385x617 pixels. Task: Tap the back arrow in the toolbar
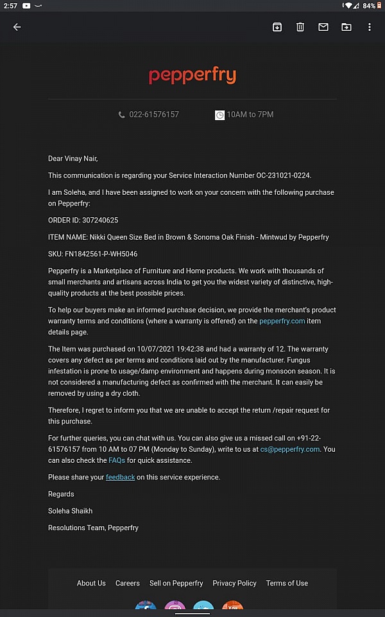pyautogui.click(x=17, y=27)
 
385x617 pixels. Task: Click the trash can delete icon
pyautogui.click(x=300, y=27)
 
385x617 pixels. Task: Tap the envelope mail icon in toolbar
pyautogui.click(x=323, y=27)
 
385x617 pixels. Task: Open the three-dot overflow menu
pyautogui.click(x=370, y=27)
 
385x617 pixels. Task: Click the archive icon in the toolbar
pyautogui.click(x=277, y=27)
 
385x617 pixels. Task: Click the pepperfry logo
pyautogui.click(x=193, y=76)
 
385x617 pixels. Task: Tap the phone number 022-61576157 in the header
pyautogui.click(x=154, y=114)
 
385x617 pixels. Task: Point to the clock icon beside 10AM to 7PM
pyautogui.click(x=219, y=115)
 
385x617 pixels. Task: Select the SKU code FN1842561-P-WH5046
pyautogui.click(x=101, y=254)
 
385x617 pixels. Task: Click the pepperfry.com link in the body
pyautogui.click(x=282, y=321)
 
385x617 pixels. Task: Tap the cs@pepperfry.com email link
pyautogui.click(x=289, y=449)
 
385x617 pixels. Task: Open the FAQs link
pyautogui.click(x=117, y=461)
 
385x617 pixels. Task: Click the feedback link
pyautogui.click(x=120, y=478)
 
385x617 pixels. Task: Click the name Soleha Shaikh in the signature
pyautogui.click(x=70, y=511)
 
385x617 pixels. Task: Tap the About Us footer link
pyautogui.click(x=91, y=583)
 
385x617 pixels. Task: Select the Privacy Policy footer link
pyautogui.click(x=234, y=583)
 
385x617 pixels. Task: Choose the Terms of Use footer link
pyautogui.click(x=287, y=583)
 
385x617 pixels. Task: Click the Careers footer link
pyautogui.click(x=128, y=583)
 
